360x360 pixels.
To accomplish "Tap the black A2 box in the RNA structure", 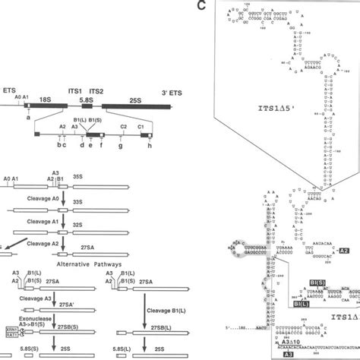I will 343,250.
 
